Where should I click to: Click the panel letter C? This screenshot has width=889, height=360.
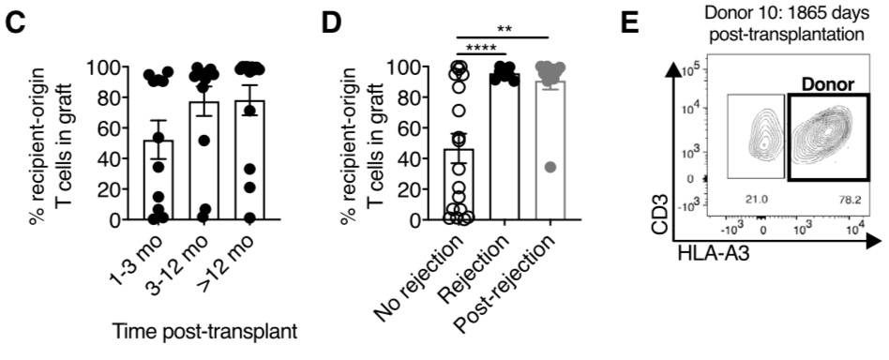pos(16,19)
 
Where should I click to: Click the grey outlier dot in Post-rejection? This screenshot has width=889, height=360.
pos(550,167)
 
